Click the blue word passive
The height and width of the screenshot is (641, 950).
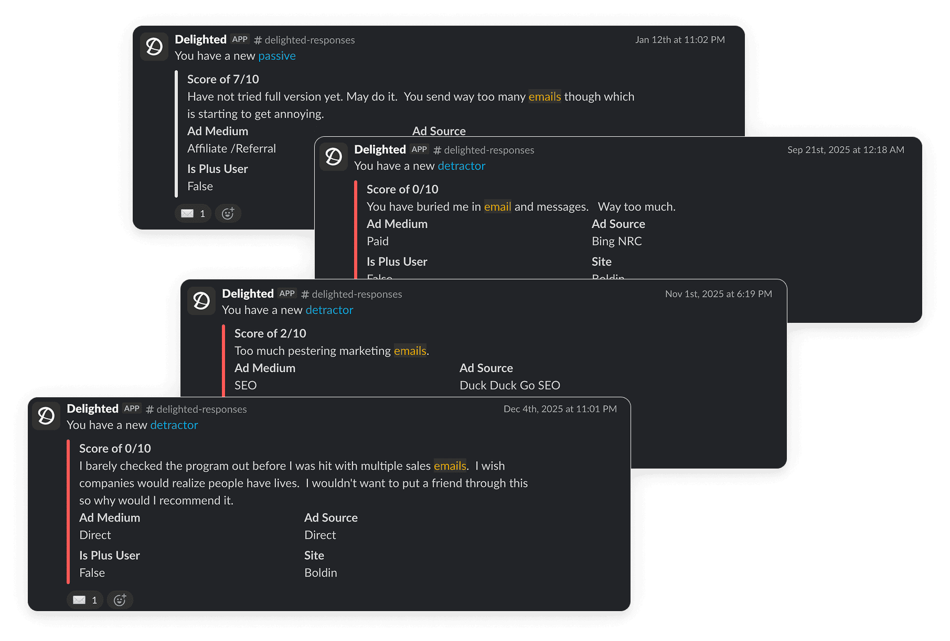(x=276, y=56)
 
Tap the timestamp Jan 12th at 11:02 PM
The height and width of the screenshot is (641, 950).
(x=680, y=40)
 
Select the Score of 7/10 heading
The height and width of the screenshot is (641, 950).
(x=223, y=79)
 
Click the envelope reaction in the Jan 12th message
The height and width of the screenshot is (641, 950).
(x=193, y=213)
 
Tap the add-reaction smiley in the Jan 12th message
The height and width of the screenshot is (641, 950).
(x=228, y=213)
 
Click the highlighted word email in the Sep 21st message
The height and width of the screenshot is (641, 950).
(x=497, y=207)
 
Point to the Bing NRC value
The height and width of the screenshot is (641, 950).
(x=616, y=242)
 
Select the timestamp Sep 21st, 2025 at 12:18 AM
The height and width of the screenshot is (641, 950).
(x=846, y=150)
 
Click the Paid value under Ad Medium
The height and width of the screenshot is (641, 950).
(x=378, y=242)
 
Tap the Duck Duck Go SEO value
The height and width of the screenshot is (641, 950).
(x=509, y=386)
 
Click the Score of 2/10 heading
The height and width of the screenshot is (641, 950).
(x=270, y=334)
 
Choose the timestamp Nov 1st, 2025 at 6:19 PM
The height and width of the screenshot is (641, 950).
(x=718, y=294)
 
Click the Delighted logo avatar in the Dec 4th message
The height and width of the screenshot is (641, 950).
(x=46, y=416)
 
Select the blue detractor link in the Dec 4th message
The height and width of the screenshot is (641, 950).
(x=174, y=425)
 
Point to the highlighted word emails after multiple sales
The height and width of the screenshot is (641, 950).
(x=450, y=466)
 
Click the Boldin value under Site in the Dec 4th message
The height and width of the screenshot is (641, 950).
(x=321, y=573)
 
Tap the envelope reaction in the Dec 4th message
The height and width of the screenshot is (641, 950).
(x=84, y=600)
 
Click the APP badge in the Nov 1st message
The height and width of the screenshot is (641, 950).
(x=287, y=294)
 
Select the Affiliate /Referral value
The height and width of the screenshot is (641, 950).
(x=231, y=149)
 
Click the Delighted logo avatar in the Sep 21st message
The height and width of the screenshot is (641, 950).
(x=334, y=157)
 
